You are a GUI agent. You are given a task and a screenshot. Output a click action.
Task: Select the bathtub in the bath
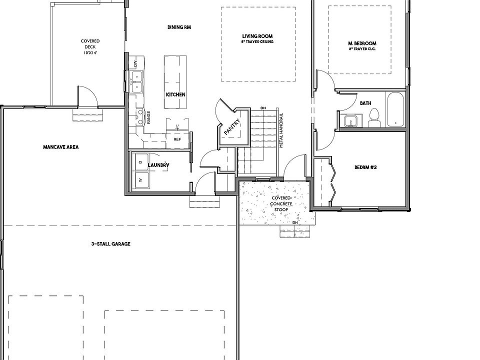(x=394, y=109)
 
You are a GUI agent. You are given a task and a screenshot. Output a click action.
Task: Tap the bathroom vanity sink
(x=351, y=121)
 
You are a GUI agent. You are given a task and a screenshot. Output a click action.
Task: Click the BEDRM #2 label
(x=365, y=167)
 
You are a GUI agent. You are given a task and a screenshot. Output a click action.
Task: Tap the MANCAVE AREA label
(x=60, y=147)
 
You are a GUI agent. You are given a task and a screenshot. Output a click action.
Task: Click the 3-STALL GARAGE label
(x=110, y=244)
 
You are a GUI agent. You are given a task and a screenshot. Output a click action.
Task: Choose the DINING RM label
(x=179, y=27)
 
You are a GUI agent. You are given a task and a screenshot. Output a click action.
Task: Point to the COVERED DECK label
(x=90, y=46)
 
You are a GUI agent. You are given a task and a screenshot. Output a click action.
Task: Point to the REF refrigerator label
(x=177, y=139)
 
